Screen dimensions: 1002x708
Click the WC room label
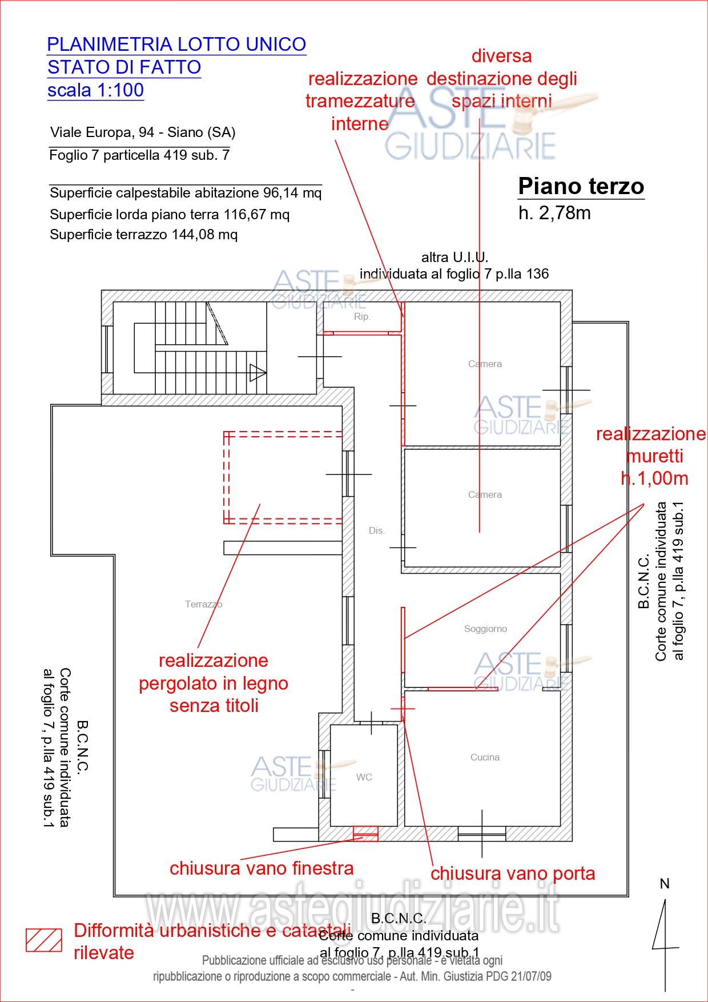coord(364,777)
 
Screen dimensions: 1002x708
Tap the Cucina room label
coord(485,757)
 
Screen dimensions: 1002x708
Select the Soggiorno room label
coord(485,629)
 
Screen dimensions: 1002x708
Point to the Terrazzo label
coord(203,604)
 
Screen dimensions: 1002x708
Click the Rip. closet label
coord(362,316)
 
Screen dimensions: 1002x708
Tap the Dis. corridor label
coord(376,530)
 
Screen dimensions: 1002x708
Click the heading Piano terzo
coord(581,186)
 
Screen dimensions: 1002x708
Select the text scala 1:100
coord(95,90)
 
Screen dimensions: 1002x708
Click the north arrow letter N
coord(665,884)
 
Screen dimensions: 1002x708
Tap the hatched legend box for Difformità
coord(44,940)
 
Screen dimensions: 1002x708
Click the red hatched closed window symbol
coord(365,834)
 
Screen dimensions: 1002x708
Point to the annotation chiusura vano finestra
coord(261,868)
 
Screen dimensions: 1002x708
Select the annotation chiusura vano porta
coord(512,874)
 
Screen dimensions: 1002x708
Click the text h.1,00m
coord(654,478)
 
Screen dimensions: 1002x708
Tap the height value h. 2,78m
coord(554,213)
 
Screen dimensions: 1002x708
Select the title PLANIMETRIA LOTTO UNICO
coord(176,44)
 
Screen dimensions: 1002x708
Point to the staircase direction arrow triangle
coord(257,373)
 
